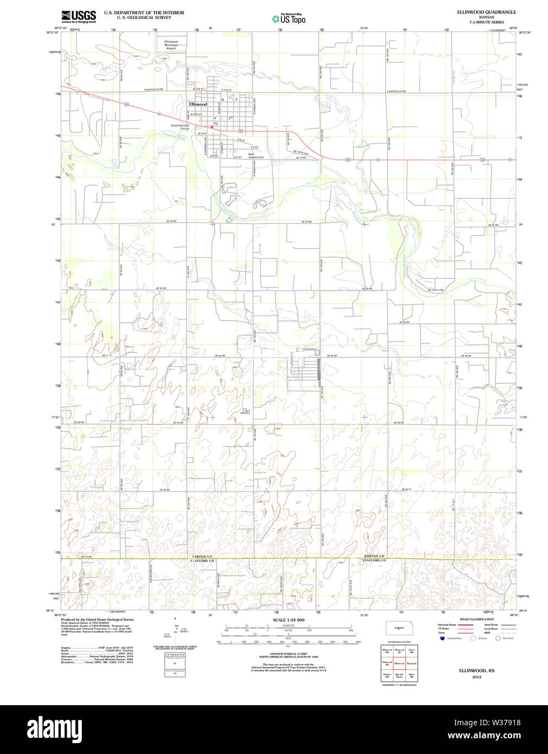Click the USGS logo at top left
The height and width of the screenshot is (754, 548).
[x=79, y=16]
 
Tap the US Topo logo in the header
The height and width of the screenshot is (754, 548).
[x=288, y=19]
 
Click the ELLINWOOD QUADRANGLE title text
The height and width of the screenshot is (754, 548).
[x=486, y=12]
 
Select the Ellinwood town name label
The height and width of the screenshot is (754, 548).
[x=198, y=104]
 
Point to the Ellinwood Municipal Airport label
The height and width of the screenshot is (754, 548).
[x=171, y=45]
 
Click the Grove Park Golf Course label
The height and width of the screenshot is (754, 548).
[x=180, y=127]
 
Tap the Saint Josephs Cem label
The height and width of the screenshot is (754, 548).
[x=256, y=156]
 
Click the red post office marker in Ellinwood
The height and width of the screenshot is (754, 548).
[x=211, y=127]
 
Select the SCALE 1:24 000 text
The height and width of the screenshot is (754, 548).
[x=288, y=619]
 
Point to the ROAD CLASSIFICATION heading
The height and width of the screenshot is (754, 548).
[x=476, y=619]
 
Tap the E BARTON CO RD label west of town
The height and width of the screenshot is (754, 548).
[x=153, y=90]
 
